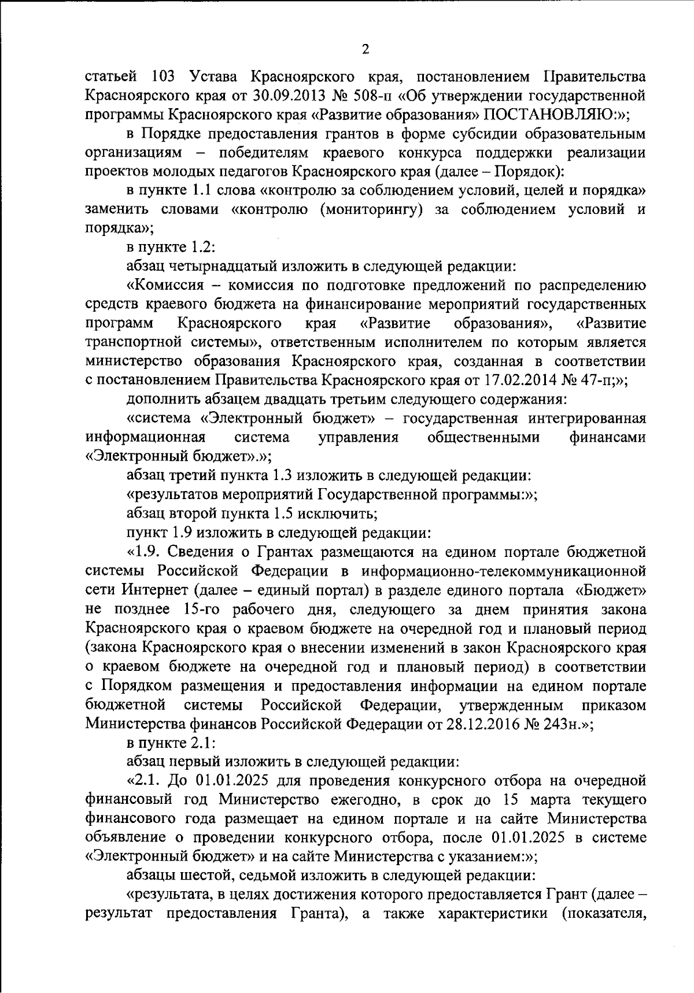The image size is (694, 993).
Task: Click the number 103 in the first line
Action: [x=165, y=76]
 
